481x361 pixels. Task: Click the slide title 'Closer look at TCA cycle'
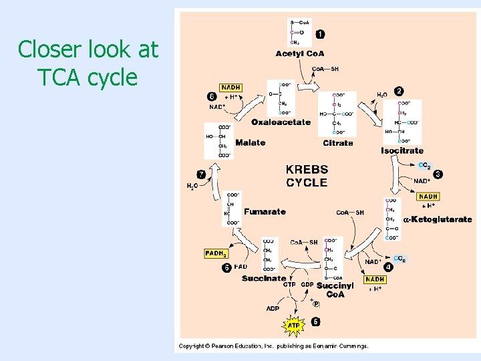(x=88, y=63)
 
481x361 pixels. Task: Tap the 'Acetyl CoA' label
(x=299, y=53)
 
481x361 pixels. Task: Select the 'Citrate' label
(x=337, y=143)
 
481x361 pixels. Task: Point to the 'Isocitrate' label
(x=402, y=151)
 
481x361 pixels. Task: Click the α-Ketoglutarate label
(x=438, y=219)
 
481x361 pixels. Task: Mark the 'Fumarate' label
(x=265, y=212)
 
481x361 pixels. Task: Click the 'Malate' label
(x=250, y=142)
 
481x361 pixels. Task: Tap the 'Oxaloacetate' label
(x=281, y=122)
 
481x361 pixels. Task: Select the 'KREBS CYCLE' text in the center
(x=307, y=176)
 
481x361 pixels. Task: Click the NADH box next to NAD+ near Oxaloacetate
(x=230, y=88)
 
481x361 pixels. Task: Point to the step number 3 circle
(x=438, y=174)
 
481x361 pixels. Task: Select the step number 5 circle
(x=315, y=322)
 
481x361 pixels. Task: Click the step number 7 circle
(x=201, y=174)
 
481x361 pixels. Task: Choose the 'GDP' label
(x=307, y=284)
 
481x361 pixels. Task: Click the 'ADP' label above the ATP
(x=273, y=309)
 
